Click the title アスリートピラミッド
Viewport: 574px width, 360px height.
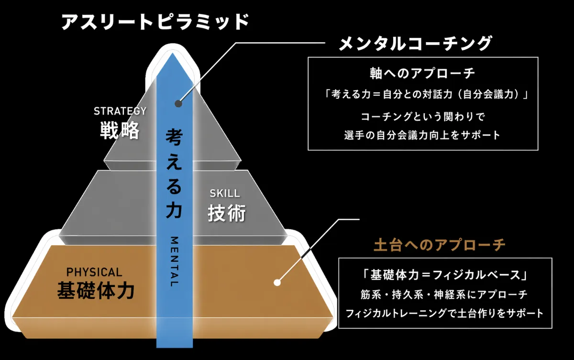point(155,22)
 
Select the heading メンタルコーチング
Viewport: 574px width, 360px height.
point(415,44)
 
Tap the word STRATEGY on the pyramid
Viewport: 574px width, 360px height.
point(120,111)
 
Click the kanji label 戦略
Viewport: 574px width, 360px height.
point(120,131)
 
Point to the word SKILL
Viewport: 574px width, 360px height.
point(225,193)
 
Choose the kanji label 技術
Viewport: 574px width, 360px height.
point(227,213)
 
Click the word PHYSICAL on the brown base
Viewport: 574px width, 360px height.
point(94,272)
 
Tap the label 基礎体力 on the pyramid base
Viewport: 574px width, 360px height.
point(96,291)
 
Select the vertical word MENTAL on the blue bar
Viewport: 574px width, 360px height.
point(174,261)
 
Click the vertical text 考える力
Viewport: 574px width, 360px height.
point(174,174)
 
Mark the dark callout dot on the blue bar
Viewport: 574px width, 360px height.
point(178,103)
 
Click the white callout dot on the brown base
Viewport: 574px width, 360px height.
point(277,282)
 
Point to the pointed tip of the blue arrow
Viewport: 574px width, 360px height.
point(173,53)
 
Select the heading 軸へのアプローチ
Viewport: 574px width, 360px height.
point(422,73)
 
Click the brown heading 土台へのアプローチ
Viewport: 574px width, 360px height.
point(440,245)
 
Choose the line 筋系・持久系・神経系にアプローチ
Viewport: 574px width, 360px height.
point(444,294)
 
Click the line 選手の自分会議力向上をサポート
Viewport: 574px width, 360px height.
point(422,135)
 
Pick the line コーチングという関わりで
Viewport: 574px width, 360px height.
point(423,117)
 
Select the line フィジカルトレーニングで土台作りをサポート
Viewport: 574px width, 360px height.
point(444,314)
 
